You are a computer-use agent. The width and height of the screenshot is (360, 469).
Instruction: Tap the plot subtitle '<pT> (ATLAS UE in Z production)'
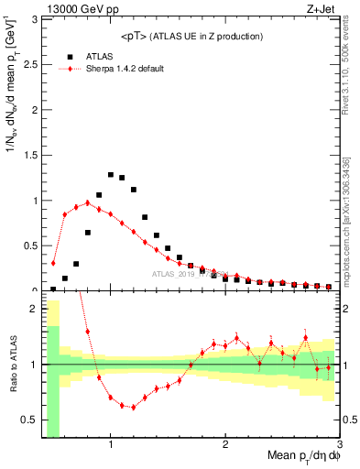(x=192, y=36)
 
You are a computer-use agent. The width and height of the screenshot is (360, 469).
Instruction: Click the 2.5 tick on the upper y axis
(x=31, y=64)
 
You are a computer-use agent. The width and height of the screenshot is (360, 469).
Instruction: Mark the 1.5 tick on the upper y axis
(x=31, y=155)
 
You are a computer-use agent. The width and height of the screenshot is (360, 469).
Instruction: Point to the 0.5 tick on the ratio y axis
(x=29, y=420)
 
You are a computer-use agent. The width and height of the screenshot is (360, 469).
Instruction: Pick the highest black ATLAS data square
(x=111, y=174)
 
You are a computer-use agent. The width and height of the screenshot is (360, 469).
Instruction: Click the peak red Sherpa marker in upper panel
(x=88, y=202)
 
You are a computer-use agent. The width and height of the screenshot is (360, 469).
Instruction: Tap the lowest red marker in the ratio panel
(x=134, y=407)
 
